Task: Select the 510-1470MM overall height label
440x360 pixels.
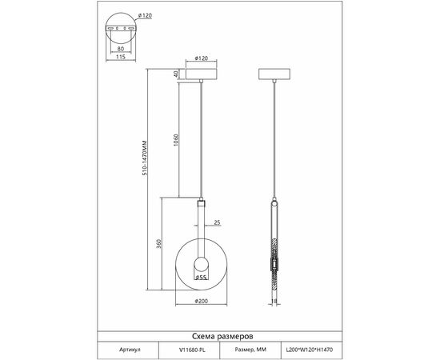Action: [145, 158]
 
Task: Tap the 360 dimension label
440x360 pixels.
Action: [159, 244]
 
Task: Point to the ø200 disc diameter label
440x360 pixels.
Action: [201, 301]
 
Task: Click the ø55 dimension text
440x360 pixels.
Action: [201, 278]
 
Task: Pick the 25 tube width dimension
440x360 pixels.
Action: [217, 222]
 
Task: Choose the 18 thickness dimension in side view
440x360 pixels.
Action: [274, 302]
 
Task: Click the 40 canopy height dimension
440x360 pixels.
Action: [176, 74]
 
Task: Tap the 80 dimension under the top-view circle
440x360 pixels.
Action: [120, 49]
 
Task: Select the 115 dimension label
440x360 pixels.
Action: [120, 57]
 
